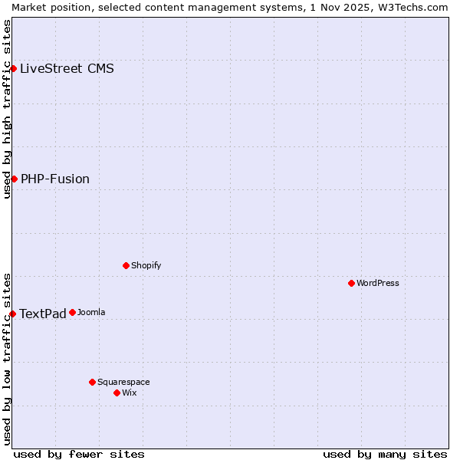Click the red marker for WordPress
(351, 283)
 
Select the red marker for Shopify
(126, 265)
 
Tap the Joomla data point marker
(72, 312)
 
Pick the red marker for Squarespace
(92, 382)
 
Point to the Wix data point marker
(117, 393)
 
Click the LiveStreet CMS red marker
(13, 68)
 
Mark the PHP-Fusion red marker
(14, 179)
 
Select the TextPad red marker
(12, 314)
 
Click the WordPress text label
(378, 283)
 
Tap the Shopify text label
(146, 265)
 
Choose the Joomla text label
(91, 312)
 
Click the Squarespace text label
(123, 382)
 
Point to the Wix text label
(130, 393)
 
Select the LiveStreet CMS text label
(67, 68)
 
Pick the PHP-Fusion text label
(55, 179)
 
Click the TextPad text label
(43, 314)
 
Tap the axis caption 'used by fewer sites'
(79, 454)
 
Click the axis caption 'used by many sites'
(385, 454)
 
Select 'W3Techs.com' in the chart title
(418, 7)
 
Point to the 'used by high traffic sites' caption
(7, 109)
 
